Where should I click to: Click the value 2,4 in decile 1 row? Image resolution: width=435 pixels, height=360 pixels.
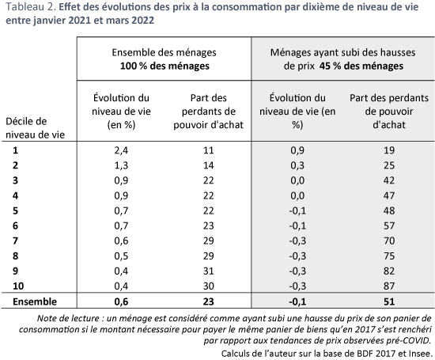coord(121,150)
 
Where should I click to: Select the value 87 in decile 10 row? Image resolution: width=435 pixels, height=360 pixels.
coord(389,286)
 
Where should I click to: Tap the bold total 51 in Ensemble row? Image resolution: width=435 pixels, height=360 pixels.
coord(389,301)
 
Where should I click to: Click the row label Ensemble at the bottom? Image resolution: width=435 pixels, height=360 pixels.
coord(35,301)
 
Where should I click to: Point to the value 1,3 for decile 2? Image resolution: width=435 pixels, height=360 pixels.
coord(121,165)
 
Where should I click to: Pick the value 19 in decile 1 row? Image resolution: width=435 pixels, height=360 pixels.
coord(389,150)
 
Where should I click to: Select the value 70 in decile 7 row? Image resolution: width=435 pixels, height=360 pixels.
coord(389,241)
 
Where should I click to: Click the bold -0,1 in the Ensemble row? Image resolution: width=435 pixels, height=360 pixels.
coord(297,301)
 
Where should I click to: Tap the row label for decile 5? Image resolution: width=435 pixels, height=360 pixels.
coord(15,210)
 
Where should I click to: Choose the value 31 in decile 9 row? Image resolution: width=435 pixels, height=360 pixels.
coord(208,271)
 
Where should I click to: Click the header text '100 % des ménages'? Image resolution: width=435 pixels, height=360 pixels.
coord(165,66)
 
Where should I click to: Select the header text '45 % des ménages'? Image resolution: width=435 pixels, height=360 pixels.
coord(361,66)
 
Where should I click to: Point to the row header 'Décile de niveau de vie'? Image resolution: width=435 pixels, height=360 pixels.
coord(36,128)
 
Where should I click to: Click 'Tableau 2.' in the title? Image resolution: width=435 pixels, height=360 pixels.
coord(31,6)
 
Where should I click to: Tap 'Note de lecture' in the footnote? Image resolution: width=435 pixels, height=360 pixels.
coord(68,318)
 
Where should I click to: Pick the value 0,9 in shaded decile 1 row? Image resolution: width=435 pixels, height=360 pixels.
coord(297,150)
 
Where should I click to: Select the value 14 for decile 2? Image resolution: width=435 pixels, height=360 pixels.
coord(208,165)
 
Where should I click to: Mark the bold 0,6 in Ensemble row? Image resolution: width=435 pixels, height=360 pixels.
coord(121,301)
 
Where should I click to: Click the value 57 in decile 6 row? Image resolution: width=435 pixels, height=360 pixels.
coord(389,225)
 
